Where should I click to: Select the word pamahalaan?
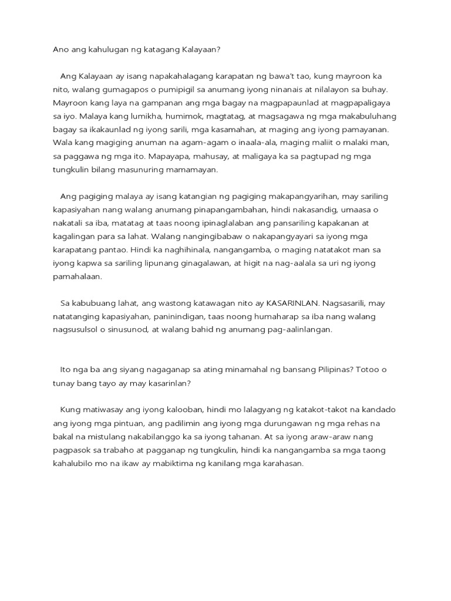coord(77,276)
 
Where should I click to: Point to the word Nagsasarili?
coord(346,303)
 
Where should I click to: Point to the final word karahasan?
coord(279,464)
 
